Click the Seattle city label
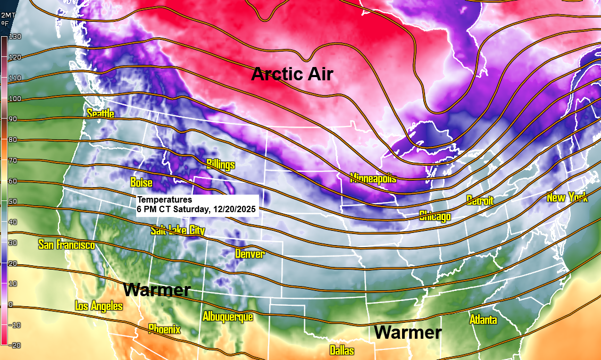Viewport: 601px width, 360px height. pyautogui.click(x=101, y=113)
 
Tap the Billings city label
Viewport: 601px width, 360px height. pyautogui.click(x=220, y=164)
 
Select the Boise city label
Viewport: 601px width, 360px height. pyautogui.click(x=141, y=183)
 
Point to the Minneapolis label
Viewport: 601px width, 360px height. pyautogui.click(x=373, y=178)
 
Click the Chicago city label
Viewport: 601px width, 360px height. pyautogui.click(x=435, y=216)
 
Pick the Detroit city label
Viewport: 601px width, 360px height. pyautogui.click(x=480, y=200)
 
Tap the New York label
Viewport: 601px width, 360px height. pyautogui.click(x=567, y=198)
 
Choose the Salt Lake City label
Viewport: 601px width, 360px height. pyautogui.click(x=178, y=230)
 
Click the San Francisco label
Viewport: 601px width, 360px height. pyautogui.click(x=66, y=245)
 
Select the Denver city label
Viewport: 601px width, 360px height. pyautogui.click(x=249, y=254)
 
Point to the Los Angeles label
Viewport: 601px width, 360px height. pyautogui.click(x=99, y=306)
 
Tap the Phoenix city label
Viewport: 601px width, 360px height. pyautogui.click(x=164, y=329)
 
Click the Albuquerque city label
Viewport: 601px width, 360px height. pyautogui.click(x=228, y=316)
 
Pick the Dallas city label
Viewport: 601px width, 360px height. pyautogui.click(x=341, y=351)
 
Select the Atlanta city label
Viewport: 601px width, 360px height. pyautogui.click(x=483, y=320)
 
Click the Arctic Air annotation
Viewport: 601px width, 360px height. pyautogui.click(x=292, y=74)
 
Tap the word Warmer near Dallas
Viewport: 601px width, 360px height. pyautogui.click(x=407, y=333)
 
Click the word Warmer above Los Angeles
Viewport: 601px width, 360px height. pyautogui.click(x=157, y=290)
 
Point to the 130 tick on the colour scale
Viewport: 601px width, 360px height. pyautogui.click(x=14, y=37)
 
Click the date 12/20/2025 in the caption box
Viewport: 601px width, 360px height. pyautogui.click(x=232, y=210)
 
